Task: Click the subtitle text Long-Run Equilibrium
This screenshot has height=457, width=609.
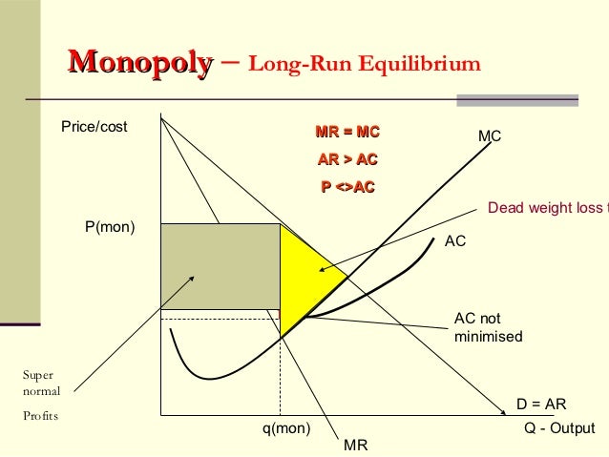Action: pyautogui.click(x=364, y=66)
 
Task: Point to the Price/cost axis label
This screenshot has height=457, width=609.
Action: pyautogui.click(x=94, y=127)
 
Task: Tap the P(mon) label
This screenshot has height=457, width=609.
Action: pyautogui.click(x=110, y=227)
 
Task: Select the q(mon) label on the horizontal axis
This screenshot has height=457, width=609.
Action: pyautogui.click(x=286, y=428)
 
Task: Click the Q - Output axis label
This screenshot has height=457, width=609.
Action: pyautogui.click(x=559, y=428)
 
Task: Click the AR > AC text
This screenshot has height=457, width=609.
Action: pyautogui.click(x=347, y=159)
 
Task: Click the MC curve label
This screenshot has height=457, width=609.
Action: pyautogui.click(x=490, y=137)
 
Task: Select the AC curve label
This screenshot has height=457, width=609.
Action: pyautogui.click(x=455, y=242)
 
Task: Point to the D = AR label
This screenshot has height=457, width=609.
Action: pyautogui.click(x=541, y=405)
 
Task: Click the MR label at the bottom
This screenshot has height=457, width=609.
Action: pyautogui.click(x=355, y=445)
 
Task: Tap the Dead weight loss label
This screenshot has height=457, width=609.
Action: pyautogui.click(x=545, y=208)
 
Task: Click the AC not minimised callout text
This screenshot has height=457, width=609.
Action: pyautogui.click(x=488, y=327)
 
